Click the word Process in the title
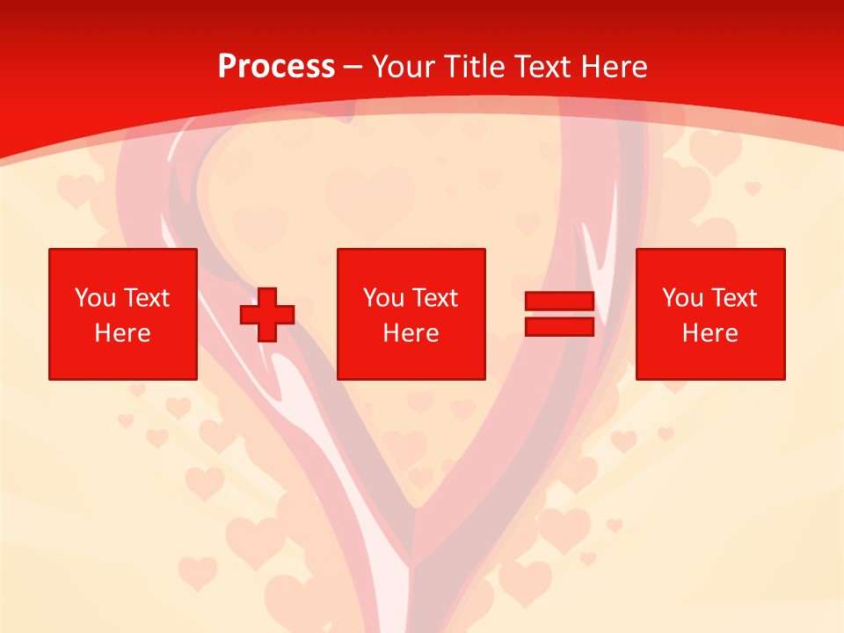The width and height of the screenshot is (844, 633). tap(276, 67)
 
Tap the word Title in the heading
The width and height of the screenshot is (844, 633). tap(473, 67)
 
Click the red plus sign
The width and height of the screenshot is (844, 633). tap(267, 314)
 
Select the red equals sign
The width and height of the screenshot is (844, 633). tap(559, 314)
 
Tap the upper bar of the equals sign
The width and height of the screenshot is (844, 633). tap(559, 302)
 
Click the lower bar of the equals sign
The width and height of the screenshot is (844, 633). tap(559, 326)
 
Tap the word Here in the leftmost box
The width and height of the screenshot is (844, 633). tap(122, 333)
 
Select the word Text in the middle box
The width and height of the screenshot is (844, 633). tap(435, 298)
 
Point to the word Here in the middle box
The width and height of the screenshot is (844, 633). tap(411, 333)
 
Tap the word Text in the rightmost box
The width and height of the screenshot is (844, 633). tap(734, 298)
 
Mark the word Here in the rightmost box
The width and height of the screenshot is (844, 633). tap(709, 333)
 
